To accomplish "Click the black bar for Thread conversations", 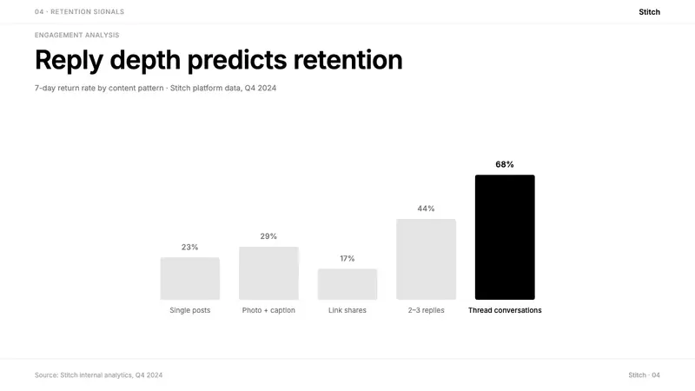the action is (x=505, y=237).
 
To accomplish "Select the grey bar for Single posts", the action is (x=189, y=278).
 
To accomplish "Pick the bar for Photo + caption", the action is (x=268, y=273).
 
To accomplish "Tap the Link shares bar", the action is (x=347, y=284).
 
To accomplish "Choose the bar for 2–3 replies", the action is (x=426, y=259).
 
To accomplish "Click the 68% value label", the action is (x=505, y=164).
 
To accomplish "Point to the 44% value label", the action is (x=426, y=209).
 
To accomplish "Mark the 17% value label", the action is (x=347, y=258).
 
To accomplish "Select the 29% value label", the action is (x=268, y=236).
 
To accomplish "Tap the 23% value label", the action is (x=189, y=247).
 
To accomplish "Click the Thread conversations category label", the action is (x=505, y=310).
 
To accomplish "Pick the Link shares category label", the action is (x=347, y=310).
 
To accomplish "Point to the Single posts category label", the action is (x=189, y=310).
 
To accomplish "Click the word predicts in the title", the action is (x=237, y=60).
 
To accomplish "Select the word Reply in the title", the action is (x=69, y=60).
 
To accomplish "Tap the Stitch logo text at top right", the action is (x=649, y=12).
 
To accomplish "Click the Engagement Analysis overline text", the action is (x=77, y=35).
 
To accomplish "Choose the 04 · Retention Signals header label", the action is (x=79, y=11).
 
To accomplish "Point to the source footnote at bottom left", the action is (x=99, y=375).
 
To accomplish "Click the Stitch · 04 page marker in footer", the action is (x=644, y=375).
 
